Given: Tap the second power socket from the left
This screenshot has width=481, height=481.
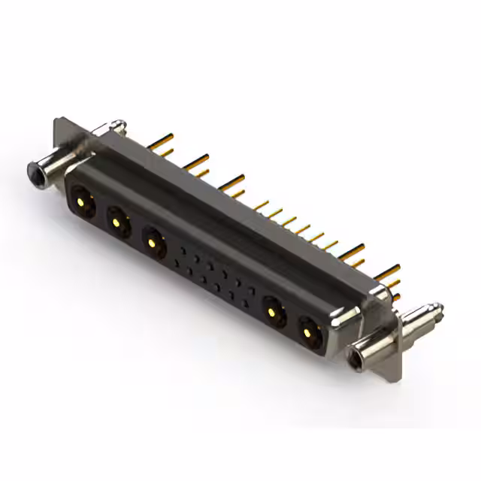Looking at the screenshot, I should (x=116, y=221).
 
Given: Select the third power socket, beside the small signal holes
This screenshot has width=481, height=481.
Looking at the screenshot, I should (x=153, y=242).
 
